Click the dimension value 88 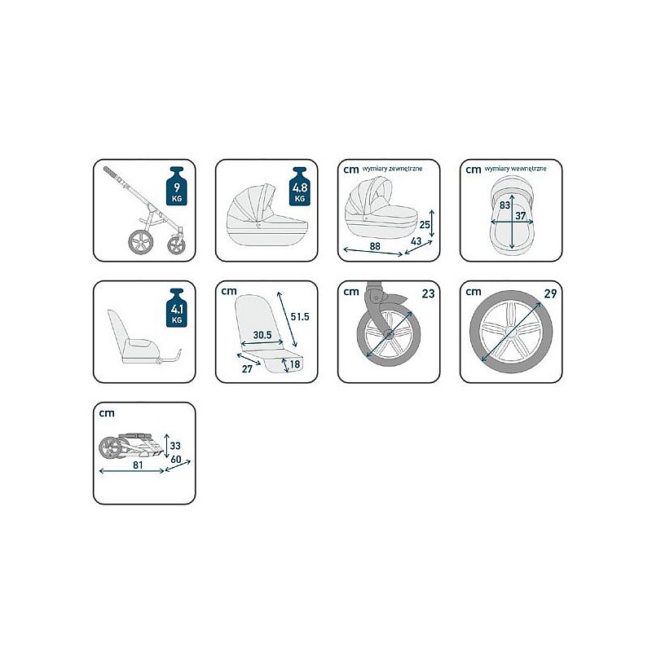375,246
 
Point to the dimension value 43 416,240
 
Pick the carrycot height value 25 425,225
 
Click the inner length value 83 504,205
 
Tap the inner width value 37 521,215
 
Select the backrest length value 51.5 300,316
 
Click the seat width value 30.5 262,335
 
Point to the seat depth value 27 247,369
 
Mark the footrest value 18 295,364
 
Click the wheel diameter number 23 429,293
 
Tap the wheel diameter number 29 550,293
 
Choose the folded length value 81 138,465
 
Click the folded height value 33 175,445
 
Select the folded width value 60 176,459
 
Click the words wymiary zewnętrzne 392,169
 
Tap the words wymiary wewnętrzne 515,169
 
